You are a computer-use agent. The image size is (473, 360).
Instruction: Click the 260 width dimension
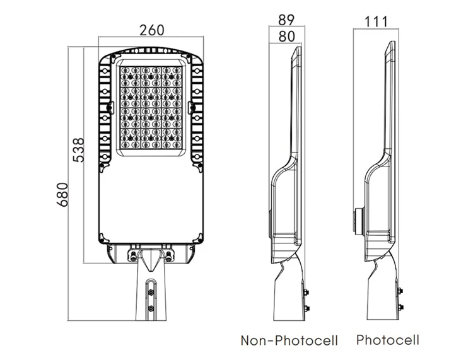[151, 30]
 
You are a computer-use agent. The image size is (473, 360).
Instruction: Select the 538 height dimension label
[79, 149]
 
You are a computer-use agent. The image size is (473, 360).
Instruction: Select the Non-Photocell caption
[289, 341]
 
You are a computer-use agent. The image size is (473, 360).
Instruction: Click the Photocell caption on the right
[387, 340]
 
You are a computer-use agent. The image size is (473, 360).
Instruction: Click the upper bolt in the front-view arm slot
[151, 291]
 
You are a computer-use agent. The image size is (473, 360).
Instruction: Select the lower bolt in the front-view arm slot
[151, 308]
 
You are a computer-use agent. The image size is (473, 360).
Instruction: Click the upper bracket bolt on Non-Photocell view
[307, 291]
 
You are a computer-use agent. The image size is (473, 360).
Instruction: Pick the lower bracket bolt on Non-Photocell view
[307, 308]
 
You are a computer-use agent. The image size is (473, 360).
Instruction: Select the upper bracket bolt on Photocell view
[400, 291]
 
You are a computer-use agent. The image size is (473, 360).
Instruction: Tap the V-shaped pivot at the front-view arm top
[151, 258]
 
